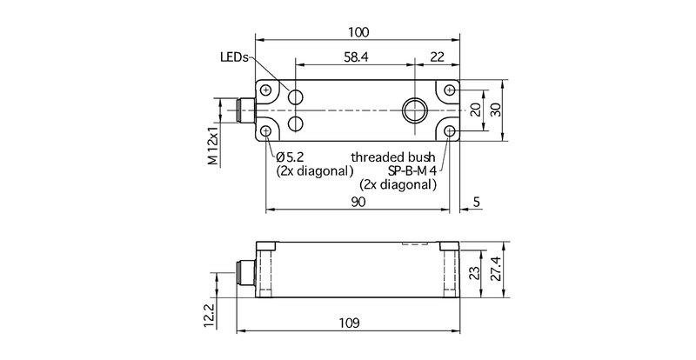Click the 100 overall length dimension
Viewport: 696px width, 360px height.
point(358,32)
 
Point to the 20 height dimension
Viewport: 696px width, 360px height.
point(475,110)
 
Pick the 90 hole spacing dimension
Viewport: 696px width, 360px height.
point(358,202)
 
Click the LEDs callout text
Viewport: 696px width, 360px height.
point(234,57)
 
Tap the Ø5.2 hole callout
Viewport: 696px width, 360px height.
point(288,157)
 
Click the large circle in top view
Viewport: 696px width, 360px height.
point(413,111)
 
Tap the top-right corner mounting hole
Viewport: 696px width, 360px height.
point(449,90)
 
